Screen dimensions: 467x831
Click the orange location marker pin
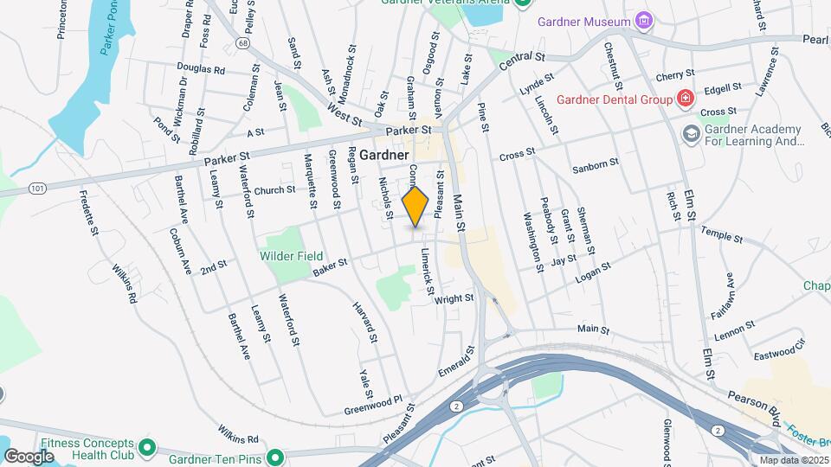point(415,206)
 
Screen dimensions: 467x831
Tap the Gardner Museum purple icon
point(643,20)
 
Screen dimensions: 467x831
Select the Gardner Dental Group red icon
point(686,99)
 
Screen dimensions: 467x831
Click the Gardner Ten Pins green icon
point(276,457)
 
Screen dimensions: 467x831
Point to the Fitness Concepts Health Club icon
point(147,447)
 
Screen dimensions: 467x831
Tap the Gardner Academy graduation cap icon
point(691,133)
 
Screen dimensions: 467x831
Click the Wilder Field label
point(291,256)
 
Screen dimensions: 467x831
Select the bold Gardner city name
point(383,155)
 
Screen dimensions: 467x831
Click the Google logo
point(29,456)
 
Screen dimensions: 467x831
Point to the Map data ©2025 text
point(793,459)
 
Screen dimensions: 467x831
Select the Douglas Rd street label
point(200,68)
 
